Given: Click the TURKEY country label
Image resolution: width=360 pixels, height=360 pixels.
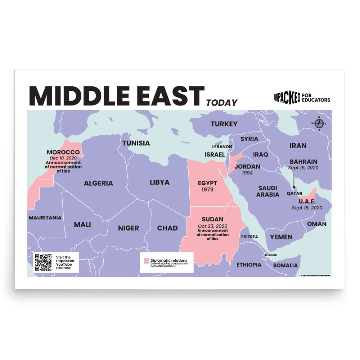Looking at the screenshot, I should [x=224, y=124].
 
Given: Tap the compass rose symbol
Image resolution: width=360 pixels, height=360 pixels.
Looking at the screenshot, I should [x=319, y=124].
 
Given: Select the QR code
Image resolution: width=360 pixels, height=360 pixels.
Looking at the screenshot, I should [x=43, y=262].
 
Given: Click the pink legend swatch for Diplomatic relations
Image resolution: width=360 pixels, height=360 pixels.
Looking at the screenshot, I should [x=146, y=261].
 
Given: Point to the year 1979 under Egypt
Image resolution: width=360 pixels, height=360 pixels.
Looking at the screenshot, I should [x=208, y=189].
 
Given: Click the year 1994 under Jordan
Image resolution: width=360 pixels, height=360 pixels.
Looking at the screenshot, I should [x=247, y=173].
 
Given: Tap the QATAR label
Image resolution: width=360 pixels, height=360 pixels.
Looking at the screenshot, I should [x=294, y=193].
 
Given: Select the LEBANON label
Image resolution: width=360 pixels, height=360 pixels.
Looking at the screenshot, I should [x=222, y=147].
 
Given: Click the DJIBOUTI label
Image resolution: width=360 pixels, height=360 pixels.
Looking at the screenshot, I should [x=271, y=255].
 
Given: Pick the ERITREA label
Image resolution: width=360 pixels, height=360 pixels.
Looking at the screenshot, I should [x=249, y=237].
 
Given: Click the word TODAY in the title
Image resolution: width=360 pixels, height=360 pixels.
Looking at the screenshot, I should [x=222, y=103].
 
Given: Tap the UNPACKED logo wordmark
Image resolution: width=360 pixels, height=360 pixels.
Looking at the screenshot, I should [x=287, y=97].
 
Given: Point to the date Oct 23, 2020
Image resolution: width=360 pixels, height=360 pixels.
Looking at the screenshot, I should [x=212, y=226].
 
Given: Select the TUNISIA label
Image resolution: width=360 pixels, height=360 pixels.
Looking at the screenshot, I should [x=136, y=143].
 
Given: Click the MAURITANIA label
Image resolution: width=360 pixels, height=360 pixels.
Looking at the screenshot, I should [x=45, y=217].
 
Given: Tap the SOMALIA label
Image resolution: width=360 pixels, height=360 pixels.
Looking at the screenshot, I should [x=285, y=265].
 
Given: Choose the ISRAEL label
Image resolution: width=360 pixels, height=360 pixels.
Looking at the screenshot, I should [x=215, y=154].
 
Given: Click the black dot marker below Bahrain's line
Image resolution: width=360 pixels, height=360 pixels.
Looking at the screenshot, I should [x=294, y=187].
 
